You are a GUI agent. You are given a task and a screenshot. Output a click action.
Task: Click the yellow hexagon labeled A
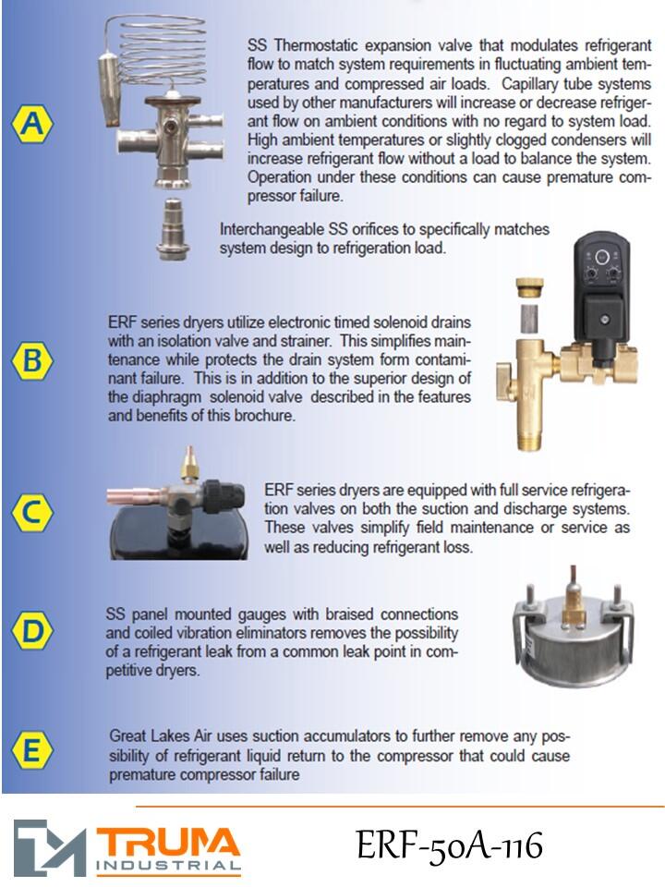[32, 123]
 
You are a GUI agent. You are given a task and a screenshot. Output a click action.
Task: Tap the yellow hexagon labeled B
[32, 360]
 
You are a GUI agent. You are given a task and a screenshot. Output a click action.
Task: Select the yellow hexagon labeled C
[32, 513]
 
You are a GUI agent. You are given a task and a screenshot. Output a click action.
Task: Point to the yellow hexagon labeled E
[32, 750]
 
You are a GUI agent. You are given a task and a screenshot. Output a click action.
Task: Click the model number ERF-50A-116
[450, 845]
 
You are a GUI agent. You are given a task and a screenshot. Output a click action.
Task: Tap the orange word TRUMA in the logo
[168, 843]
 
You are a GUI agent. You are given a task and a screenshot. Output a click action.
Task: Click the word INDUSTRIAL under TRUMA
[168, 866]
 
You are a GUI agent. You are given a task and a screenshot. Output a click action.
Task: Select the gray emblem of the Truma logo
[50, 847]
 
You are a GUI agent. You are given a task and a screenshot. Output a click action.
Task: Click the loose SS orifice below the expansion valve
[173, 229]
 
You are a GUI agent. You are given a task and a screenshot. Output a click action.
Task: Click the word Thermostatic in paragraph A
[316, 45]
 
